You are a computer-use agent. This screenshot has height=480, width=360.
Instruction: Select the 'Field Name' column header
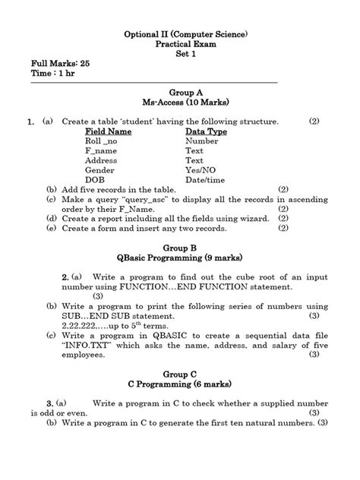pos(109,131)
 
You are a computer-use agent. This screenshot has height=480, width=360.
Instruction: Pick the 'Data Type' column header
pos(206,131)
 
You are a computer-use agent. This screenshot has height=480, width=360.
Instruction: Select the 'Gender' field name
pos(100,171)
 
